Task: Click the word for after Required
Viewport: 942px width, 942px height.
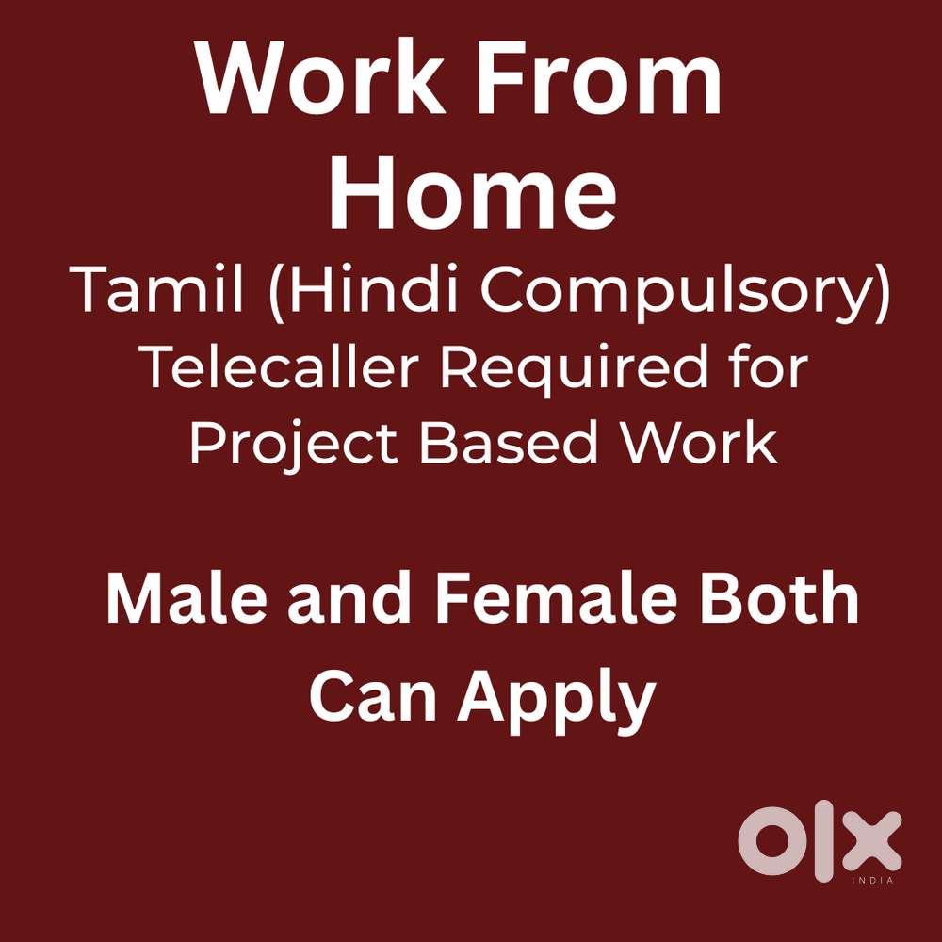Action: coord(769,367)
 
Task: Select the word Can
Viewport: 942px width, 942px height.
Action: coord(373,697)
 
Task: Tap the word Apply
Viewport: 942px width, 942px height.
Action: coord(557,701)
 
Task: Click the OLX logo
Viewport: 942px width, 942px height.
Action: coord(820,840)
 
